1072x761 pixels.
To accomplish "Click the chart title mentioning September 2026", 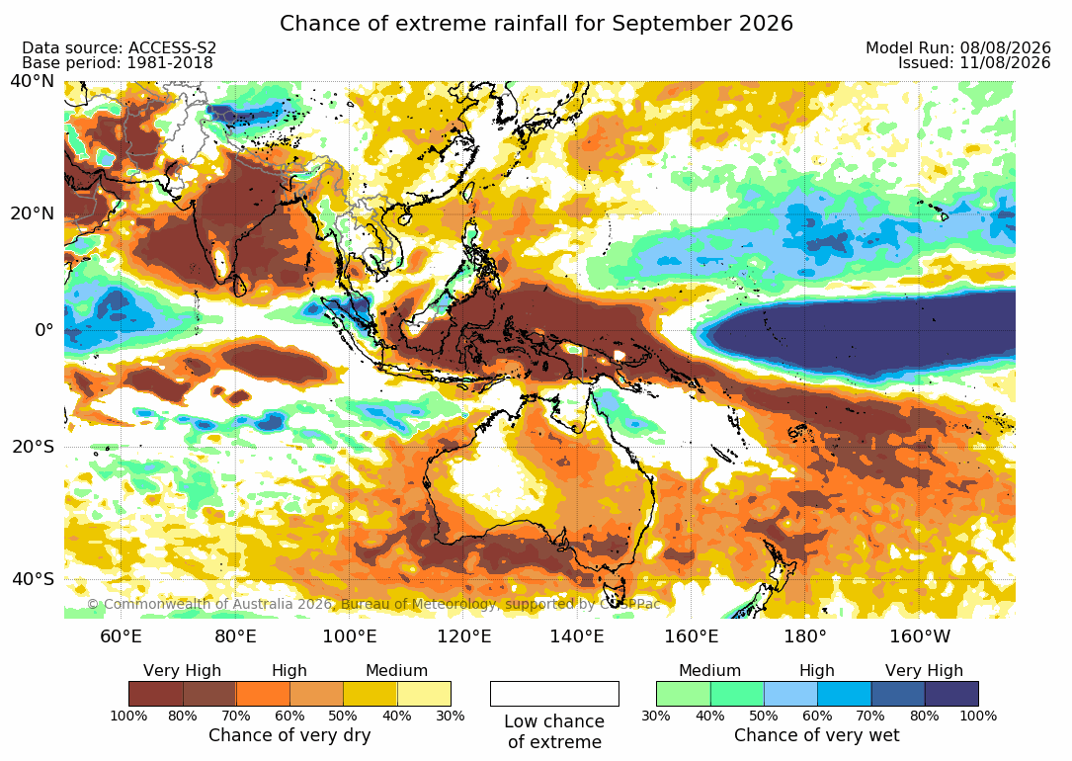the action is click(536, 24).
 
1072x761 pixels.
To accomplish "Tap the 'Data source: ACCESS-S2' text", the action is click(119, 47).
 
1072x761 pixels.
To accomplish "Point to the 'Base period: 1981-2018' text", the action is click(117, 63).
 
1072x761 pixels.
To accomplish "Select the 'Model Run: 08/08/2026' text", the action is click(957, 47).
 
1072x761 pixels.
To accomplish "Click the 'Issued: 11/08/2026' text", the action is click(974, 63).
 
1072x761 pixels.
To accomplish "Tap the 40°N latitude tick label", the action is click(33, 81).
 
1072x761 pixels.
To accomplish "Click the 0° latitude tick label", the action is click(43, 330).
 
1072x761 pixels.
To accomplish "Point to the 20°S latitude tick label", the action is click(33, 447).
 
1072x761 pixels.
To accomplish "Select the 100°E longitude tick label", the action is click(350, 636).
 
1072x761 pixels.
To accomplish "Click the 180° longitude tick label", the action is click(805, 636).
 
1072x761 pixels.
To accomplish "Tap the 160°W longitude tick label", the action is click(920, 636).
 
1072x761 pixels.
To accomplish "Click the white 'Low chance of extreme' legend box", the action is click(554, 694).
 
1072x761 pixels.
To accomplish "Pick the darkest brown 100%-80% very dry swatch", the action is click(156, 694).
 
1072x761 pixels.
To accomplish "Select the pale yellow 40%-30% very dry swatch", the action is click(424, 694).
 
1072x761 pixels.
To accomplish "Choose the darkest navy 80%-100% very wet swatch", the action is click(951, 694).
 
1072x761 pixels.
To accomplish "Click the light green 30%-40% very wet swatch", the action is click(683, 694).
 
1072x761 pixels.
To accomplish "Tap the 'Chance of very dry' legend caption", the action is click(289, 735).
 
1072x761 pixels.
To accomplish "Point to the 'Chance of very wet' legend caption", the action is click(817, 735).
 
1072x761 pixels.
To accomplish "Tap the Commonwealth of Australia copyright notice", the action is click(373, 605).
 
